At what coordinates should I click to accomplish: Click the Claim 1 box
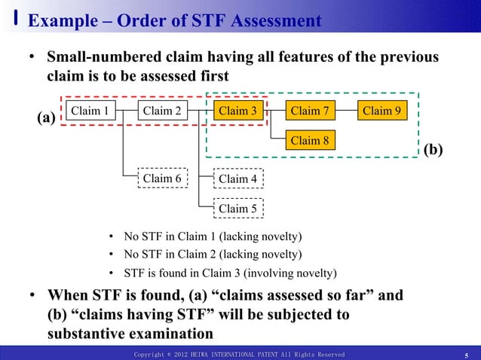(90, 111)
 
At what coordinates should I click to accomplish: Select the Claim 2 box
(162, 111)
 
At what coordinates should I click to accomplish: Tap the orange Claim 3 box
(237, 111)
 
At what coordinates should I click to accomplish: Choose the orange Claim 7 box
(310, 111)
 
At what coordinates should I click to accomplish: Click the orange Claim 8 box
(310, 140)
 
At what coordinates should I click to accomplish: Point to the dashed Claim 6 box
(162, 178)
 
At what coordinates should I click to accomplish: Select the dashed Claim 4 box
(237, 178)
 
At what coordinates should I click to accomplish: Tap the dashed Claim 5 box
(237, 208)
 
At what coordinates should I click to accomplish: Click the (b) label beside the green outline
(433, 149)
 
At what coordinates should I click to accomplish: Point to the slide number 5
(467, 355)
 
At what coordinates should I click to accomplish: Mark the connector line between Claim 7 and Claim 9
(345, 111)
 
